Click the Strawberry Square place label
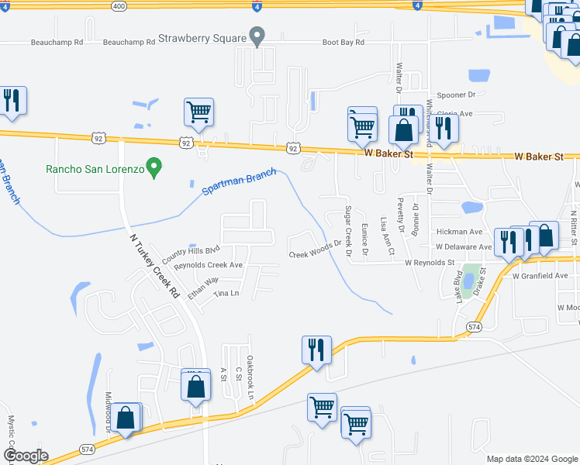[x=201, y=36]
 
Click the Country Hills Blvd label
[x=191, y=253]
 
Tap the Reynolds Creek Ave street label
[x=209, y=265]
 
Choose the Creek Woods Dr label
[x=315, y=250]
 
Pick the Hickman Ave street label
[x=459, y=232]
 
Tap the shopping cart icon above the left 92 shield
[x=199, y=112]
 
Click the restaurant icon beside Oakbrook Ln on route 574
[x=316, y=350]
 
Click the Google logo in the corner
[x=26, y=456]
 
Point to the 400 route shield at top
[x=118, y=5]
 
